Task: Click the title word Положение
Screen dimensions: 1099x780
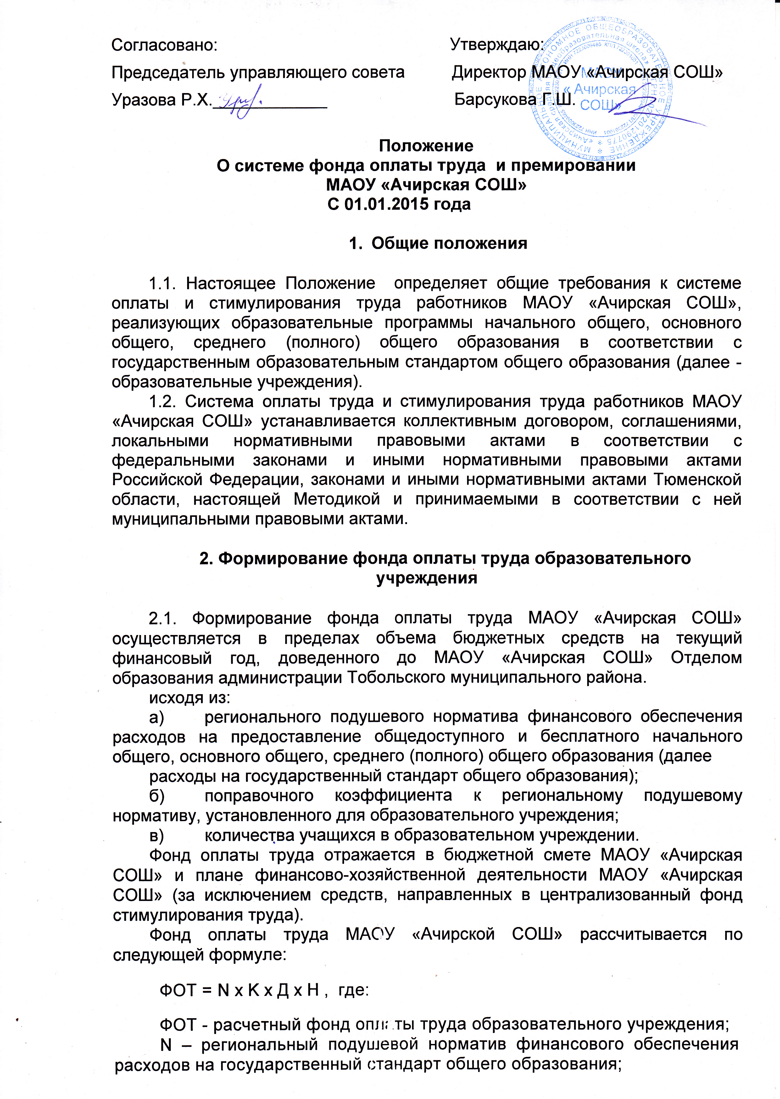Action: (x=426, y=146)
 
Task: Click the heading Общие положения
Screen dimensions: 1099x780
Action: (x=449, y=243)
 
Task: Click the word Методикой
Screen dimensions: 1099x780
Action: (x=337, y=499)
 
